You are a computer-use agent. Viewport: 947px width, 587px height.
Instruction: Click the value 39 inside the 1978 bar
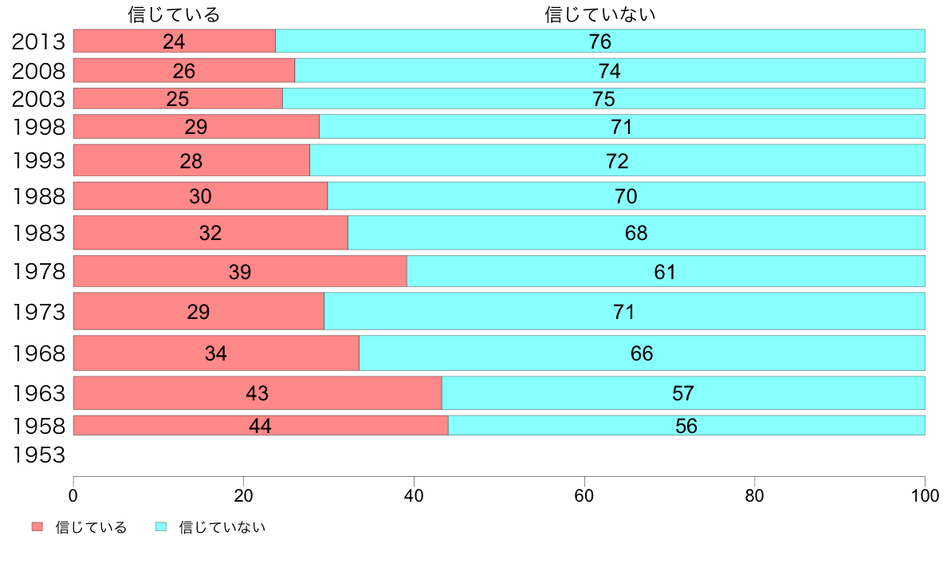[x=240, y=272]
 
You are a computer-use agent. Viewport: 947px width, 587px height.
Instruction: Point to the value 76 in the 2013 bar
[x=599, y=41]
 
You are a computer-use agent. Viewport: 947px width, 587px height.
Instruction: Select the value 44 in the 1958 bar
[x=260, y=426]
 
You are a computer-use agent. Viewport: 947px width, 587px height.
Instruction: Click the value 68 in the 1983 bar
[x=636, y=233]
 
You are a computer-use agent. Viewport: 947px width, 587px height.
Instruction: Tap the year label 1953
[x=38, y=455]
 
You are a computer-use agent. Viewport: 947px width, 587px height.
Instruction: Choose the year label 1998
[x=38, y=127]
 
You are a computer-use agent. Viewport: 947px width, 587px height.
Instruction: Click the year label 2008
[x=38, y=71]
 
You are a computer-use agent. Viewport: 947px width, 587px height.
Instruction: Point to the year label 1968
[x=38, y=353]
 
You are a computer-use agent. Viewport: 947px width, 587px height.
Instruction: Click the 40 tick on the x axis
[x=414, y=495]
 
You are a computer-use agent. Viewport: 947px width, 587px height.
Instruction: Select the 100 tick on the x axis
[x=924, y=495]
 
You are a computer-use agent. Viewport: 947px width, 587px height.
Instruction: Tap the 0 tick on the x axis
[x=73, y=495]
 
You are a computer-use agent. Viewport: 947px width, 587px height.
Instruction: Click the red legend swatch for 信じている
[x=37, y=527]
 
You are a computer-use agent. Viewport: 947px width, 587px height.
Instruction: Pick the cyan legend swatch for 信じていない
[x=161, y=527]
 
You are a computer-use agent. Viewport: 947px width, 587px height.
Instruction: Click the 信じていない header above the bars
[x=600, y=14]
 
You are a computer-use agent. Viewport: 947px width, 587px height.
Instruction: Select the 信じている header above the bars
[x=174, y=14]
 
